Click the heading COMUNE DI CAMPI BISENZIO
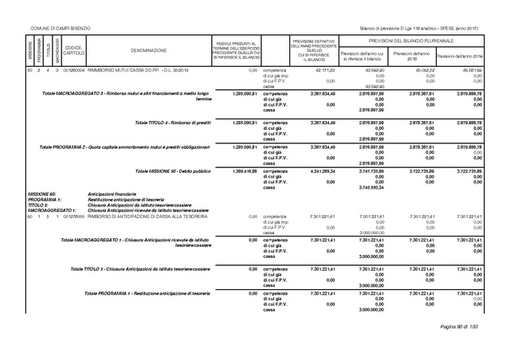tap(60, 29)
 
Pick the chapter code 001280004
tap(73, 72)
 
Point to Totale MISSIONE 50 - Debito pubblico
tap(173, 171)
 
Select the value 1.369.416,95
tap(243, 171)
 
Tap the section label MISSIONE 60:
tap(41, 194)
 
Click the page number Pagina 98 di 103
tap(462, 327)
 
